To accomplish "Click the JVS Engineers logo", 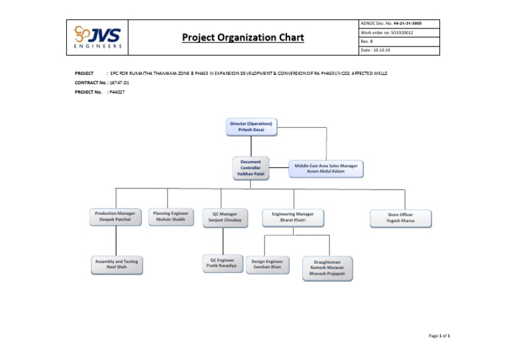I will [98, 38].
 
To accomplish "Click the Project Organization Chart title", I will [243, 37].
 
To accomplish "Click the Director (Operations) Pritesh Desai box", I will [251, 127].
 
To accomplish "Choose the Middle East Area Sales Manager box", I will [326, 168].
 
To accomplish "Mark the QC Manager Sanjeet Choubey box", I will [227, 217].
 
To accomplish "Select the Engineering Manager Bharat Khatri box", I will [292, 217].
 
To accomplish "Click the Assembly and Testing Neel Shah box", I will [116, 265].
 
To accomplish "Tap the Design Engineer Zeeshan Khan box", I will [267, 265].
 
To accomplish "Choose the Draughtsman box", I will [327, 269].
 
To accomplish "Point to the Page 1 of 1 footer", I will [439, 337].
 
